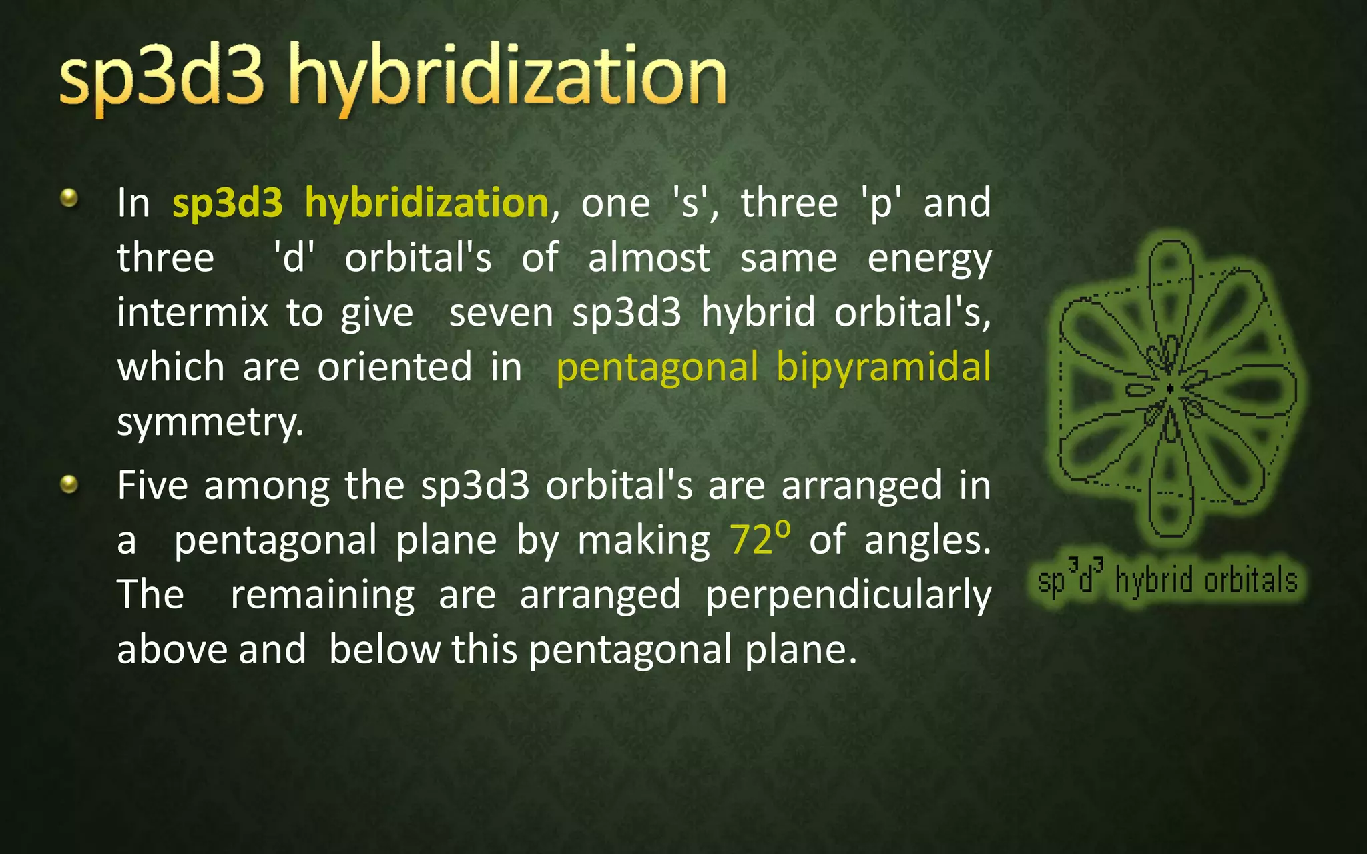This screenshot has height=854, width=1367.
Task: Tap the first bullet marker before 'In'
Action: [x=69, y=198]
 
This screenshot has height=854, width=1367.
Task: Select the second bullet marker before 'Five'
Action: [x=69, y=484]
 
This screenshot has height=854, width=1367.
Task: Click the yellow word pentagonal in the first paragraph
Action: [x=657, y=368]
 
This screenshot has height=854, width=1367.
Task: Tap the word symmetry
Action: [x=210, y=422]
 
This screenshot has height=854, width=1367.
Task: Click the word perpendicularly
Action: [x=848, y=595]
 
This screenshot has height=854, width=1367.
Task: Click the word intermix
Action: [x=192, y=312]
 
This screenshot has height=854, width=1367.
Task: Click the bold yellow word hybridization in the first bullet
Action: [x=427, y=202]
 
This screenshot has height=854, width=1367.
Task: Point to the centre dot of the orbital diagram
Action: [x=1170, y=388]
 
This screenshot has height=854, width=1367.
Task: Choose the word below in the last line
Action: [x=384, y=649]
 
